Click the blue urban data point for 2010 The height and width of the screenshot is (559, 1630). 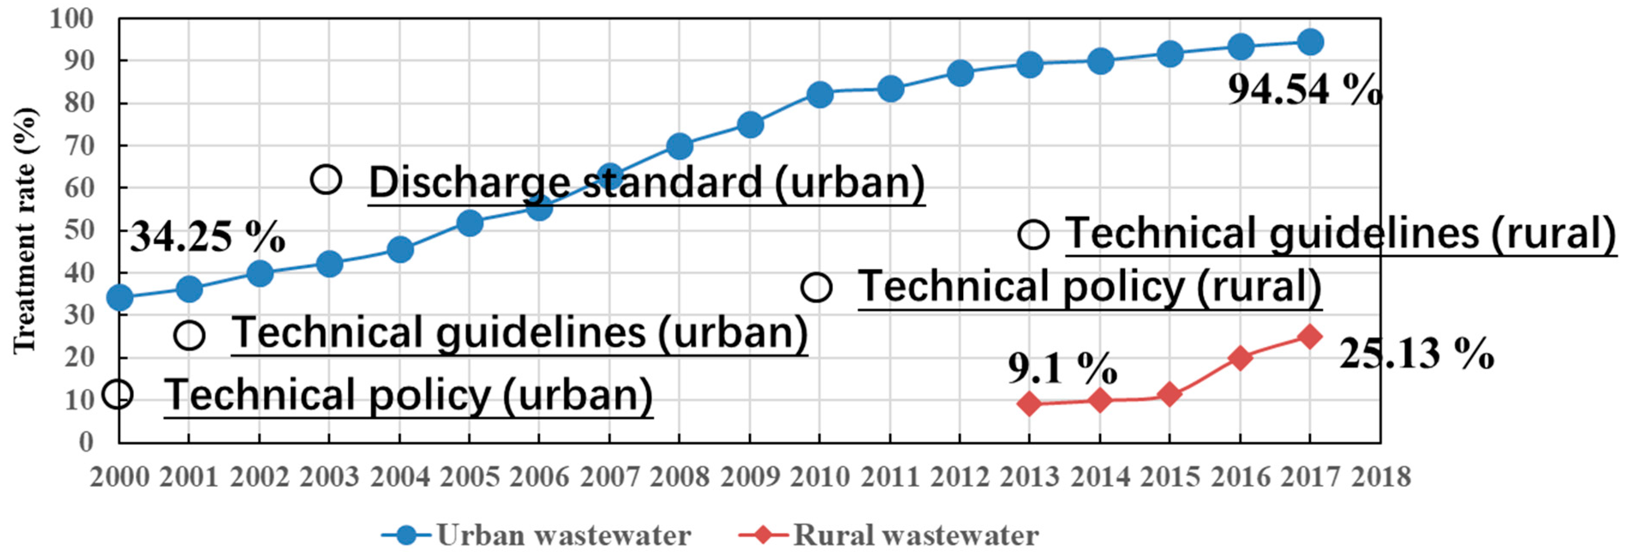pyautogui.click(x=819, y=95)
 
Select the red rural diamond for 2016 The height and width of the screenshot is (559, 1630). pyautogui.click(x=1240, y=358)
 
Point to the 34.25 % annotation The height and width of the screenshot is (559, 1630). pyautogui.click(x=208, y=237)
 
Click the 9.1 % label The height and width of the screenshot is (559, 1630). pyautogui.click(x=1062, y=368)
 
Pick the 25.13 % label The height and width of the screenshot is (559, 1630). pyautogui.click(x=1416, y=354)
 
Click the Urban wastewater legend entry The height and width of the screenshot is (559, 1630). pyautogui.click(x=537, y=535)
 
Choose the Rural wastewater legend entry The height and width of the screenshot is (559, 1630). pyautogui.click(x=889, y=535)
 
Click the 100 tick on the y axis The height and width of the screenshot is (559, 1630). pyautogui.click(x=72, y=19)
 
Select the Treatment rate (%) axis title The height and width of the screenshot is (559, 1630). pyautogui.click(x=25, y=231)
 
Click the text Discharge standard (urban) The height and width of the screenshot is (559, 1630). pyautogui.click(x=646, y=183)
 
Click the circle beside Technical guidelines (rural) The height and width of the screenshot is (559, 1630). pyautogui.click(x=1033, y=235)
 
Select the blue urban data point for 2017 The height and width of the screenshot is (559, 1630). pyautogui.click(x=1310, y=42)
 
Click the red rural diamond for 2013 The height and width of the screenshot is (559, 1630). pyautogui.click(x=1030, y=404)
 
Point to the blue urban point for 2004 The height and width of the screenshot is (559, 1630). pyautogui.click(x=400, y=250)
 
